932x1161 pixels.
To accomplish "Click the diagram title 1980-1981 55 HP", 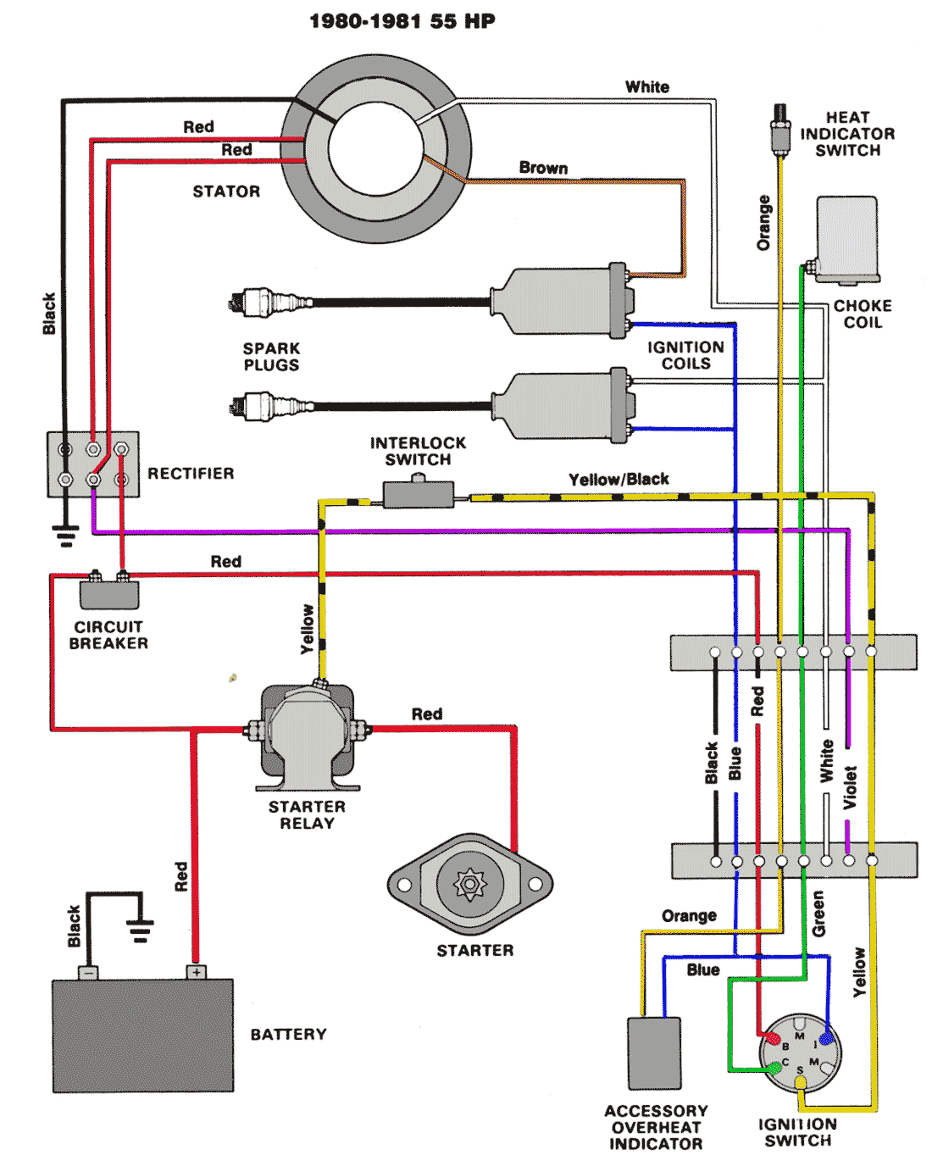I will (402, 21).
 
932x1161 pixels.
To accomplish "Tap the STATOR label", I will (226, 192).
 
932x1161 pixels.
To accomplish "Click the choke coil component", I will (847, 239).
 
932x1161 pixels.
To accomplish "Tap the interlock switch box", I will (418, 494).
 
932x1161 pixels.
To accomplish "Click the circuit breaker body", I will (109, 594).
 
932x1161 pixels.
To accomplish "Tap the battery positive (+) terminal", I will (197, 972).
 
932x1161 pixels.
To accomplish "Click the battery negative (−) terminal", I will (88, 972).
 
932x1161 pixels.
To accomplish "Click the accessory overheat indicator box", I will (654, 1053).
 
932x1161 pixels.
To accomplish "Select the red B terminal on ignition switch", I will (773, 1038).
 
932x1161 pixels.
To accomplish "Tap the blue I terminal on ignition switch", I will (826, 1038).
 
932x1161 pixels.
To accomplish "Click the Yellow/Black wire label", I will (619, 480).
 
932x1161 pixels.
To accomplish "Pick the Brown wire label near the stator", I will (543, 168).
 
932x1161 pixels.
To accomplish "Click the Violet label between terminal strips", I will (850, 787).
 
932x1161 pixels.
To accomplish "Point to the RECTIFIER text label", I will (191, 474).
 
